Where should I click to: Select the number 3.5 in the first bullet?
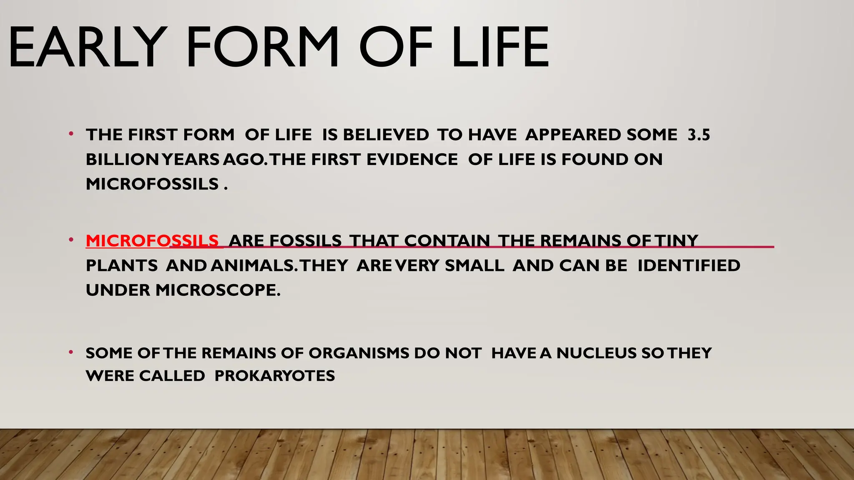pyautogui.click(x=699, y=135)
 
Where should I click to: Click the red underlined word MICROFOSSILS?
pyautogui.click(x=152, y=241)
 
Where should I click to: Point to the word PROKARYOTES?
pyautogui.click(x=274, y=376)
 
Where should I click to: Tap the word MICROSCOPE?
pyautogui.click(x=218, y=290)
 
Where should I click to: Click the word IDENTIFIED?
pyautogui.click(x=689, y=266)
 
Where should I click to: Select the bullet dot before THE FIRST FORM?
pyautogui.click(x=71, y=134)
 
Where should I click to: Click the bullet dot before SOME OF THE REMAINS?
pyautogui.click(x=71, y=352)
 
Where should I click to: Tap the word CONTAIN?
pyautogui.click(x=447, y=241)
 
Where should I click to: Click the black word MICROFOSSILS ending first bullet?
pyautogui.click(x=152, y=184)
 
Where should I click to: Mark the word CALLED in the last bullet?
pyautogui.click(x=172, y=376)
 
